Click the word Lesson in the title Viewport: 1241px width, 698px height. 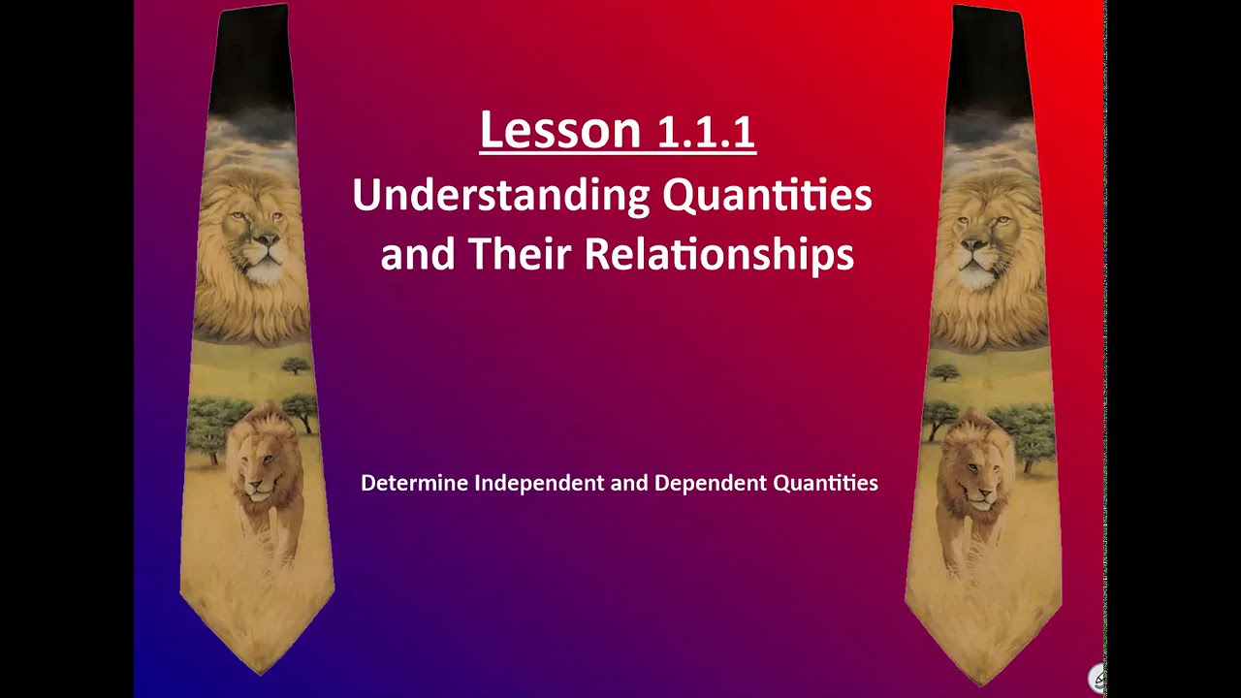tap(560, 130)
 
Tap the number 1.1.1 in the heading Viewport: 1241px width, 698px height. tap(706, 133)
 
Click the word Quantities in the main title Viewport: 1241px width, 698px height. tap(767, 198)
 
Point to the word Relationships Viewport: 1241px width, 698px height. tap(718, 255)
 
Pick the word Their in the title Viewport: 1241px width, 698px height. tap(521, 254)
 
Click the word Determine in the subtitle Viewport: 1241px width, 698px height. tap(414, 483)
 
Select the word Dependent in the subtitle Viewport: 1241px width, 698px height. tap(710, 483)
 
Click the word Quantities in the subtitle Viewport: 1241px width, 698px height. tap(825, 483)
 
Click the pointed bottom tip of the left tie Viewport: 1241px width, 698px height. tap(260, 671)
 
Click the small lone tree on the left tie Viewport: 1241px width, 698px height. tap(296, 365)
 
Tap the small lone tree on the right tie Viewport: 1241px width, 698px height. tap(943, 371)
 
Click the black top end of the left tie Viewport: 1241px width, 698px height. tap(253, 48)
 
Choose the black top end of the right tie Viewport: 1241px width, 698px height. tap(988, 48)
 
